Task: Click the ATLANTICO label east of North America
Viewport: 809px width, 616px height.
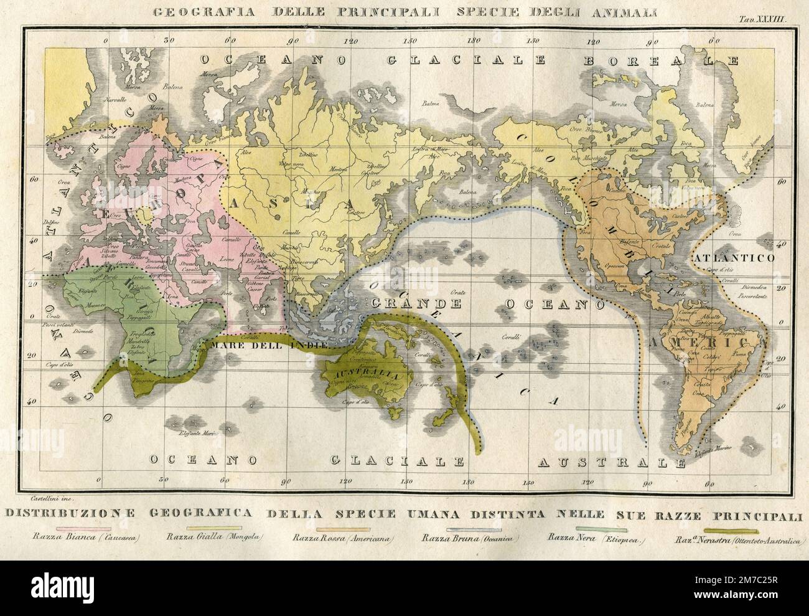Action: [734, 257]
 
